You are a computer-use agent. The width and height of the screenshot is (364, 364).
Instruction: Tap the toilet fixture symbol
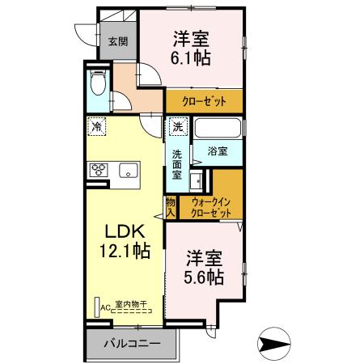coord(97,87)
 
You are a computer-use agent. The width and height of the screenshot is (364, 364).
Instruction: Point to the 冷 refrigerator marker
coord(97,126)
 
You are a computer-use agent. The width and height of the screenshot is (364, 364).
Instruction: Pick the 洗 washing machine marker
coord(178,126)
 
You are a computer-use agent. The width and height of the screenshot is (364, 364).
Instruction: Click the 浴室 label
coord(215,150)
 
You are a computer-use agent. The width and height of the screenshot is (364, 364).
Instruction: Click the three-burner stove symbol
coord(99,170)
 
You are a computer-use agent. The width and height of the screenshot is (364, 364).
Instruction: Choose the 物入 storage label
coord(171,205)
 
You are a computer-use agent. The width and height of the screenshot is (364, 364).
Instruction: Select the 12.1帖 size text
coord(121,252)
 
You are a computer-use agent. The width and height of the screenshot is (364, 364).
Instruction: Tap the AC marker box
coord(105,307)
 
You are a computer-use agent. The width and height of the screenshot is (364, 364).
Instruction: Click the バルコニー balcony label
coord(132,344)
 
